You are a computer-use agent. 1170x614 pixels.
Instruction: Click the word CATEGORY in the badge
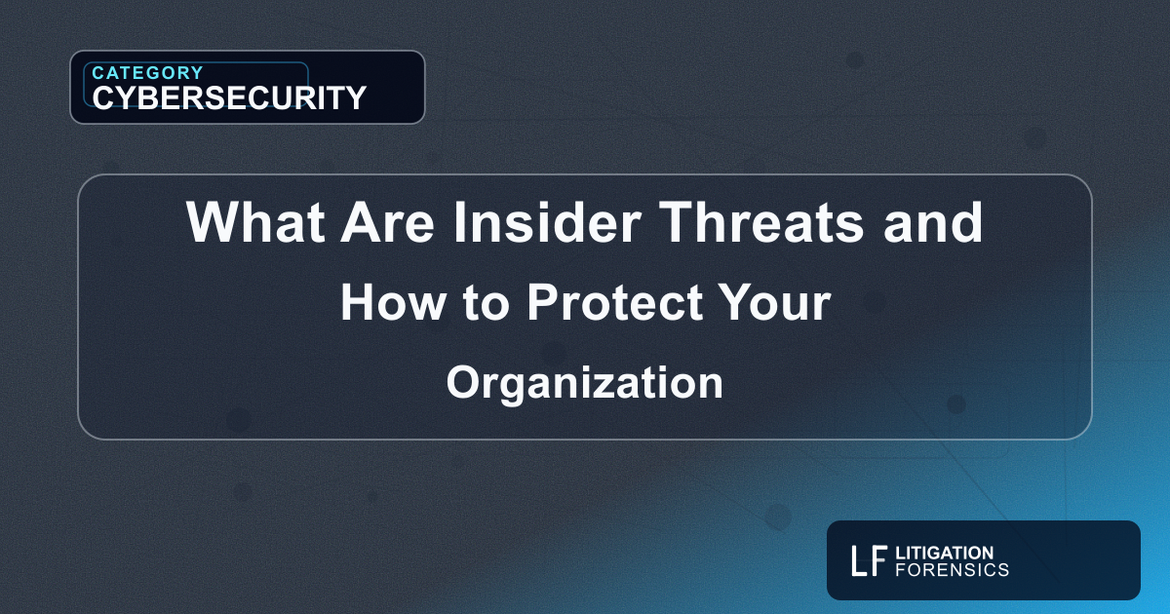(x=147, y=72)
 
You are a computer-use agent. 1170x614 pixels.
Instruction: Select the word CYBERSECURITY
(x=229, y=97)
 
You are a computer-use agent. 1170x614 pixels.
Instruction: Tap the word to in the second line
(x=487, y=304)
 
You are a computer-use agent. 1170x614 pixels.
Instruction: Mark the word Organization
(x=585, y=383)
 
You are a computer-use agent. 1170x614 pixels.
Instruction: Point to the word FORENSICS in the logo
(x=952, y=569)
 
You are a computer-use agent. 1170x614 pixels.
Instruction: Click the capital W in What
(x=209, y=223)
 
